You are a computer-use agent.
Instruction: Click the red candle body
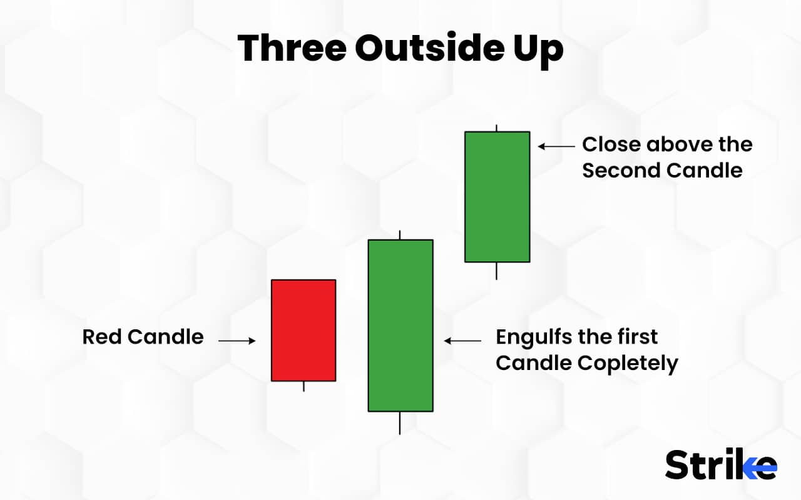click(304, 330)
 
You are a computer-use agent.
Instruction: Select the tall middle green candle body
click(400, 325)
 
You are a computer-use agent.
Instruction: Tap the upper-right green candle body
click(497, 196)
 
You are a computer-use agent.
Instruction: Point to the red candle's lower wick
click(304, 386)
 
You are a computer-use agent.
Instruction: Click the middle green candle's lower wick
click(400, 423)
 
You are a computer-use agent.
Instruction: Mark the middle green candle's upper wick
click(400, 235)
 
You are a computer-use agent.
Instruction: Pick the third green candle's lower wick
click(496, 271)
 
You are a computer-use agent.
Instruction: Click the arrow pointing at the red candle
click(237, 341)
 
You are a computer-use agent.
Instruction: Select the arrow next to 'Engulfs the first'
click(462, 341)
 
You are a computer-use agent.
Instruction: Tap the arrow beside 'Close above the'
click(556, 146)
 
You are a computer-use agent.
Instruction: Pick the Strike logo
click(720, 465)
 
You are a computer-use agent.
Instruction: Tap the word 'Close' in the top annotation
click(611, 144)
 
